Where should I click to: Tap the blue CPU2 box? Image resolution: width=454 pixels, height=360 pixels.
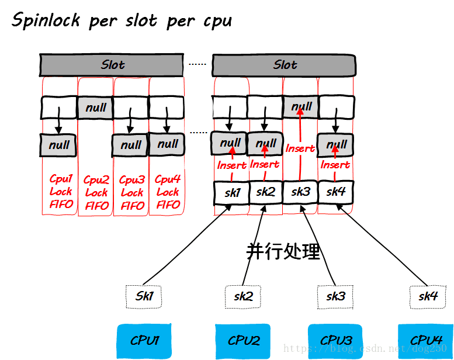243,340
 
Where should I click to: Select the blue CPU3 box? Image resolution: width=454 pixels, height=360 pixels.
336,340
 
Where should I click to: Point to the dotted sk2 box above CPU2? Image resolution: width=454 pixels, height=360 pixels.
243,296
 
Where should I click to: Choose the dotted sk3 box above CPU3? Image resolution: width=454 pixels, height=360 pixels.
335,296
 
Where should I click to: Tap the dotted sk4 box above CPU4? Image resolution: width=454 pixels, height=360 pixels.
428,296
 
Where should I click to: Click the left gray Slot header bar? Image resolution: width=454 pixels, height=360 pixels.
113,64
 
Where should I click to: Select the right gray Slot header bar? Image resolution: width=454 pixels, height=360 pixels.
284,64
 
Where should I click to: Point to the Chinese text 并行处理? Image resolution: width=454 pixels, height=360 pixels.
283,251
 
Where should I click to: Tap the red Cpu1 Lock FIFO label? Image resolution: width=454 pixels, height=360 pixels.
60,191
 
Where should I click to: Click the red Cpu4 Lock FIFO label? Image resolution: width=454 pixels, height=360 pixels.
168,191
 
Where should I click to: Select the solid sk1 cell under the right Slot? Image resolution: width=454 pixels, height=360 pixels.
231,192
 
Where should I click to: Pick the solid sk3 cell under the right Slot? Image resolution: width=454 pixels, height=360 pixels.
301,192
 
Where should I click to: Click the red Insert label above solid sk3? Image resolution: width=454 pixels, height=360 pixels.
300,148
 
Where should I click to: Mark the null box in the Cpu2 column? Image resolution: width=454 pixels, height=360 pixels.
95,108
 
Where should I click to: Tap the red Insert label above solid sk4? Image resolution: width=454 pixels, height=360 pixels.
335,165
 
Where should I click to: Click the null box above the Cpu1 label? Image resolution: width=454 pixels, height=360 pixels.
60,144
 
